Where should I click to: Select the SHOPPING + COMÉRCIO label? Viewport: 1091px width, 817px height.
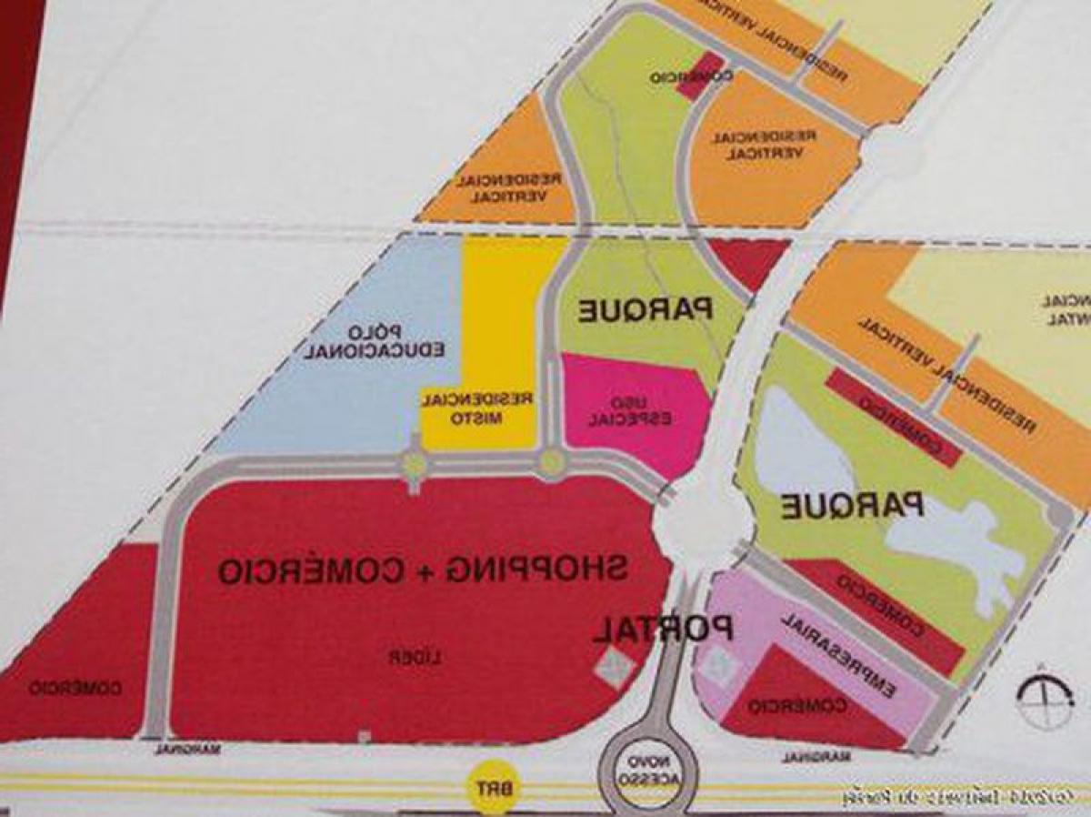[422, 570]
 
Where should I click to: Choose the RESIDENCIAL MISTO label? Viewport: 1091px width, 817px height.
[476, 408]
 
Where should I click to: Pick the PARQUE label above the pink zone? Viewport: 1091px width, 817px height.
[646, 310]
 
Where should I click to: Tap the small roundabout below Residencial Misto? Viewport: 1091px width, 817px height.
[415, 465]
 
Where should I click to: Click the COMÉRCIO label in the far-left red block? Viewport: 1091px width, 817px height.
[75, 689]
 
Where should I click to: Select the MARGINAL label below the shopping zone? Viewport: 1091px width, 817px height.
[188, 749]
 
